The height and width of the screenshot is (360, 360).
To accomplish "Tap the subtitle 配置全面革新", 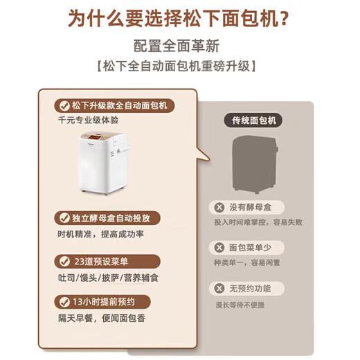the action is click(x=177, y=46).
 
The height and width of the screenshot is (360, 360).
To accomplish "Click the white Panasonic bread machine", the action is click(x=104, y=163).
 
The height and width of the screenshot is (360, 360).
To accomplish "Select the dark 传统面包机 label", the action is click(x=253, y=120).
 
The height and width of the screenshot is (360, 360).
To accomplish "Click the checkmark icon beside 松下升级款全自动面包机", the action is click(x=64, y=106).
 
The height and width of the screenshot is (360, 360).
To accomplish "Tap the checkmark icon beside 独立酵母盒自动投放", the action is click(x=64, y=218).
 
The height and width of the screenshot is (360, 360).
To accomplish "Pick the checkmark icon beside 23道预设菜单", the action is click(x=64, y=262).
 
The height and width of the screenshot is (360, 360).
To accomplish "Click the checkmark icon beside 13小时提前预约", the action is click(x=64, y=302).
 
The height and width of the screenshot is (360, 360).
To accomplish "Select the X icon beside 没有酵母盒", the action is click(x=219, y=207).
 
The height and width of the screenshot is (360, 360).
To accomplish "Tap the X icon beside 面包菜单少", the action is click(x=219, y=248).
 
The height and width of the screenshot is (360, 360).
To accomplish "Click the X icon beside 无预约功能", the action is click(x=219, y=288).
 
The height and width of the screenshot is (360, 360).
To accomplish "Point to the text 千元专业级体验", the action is click(x=88, y=120).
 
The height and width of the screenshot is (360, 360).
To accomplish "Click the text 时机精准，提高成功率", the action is click(x=101, y=235).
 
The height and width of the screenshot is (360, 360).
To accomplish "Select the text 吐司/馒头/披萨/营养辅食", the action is click(x=108, y=278).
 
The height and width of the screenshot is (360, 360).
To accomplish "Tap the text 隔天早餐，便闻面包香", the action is click(x=102, y=318).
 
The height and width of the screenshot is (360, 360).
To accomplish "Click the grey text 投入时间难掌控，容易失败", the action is click(x=258, y=222).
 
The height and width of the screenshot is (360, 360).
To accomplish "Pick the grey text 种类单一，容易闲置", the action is click(x=247, y=262).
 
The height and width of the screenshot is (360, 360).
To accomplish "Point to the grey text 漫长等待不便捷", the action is click(x=240, y=305).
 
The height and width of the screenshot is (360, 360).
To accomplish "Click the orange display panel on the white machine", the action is click(x=95, y=137).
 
